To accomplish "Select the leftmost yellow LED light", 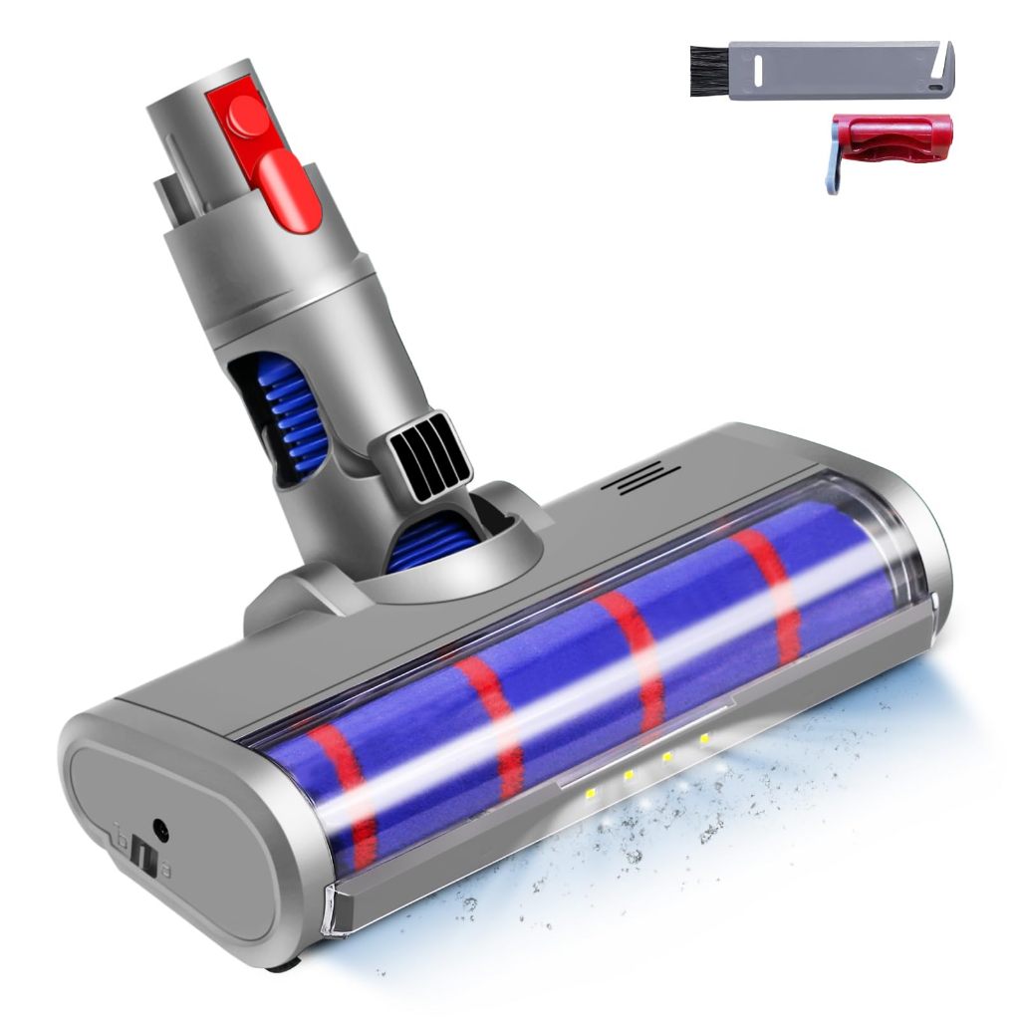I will pos(592,792).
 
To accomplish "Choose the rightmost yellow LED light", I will pos(705,738).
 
